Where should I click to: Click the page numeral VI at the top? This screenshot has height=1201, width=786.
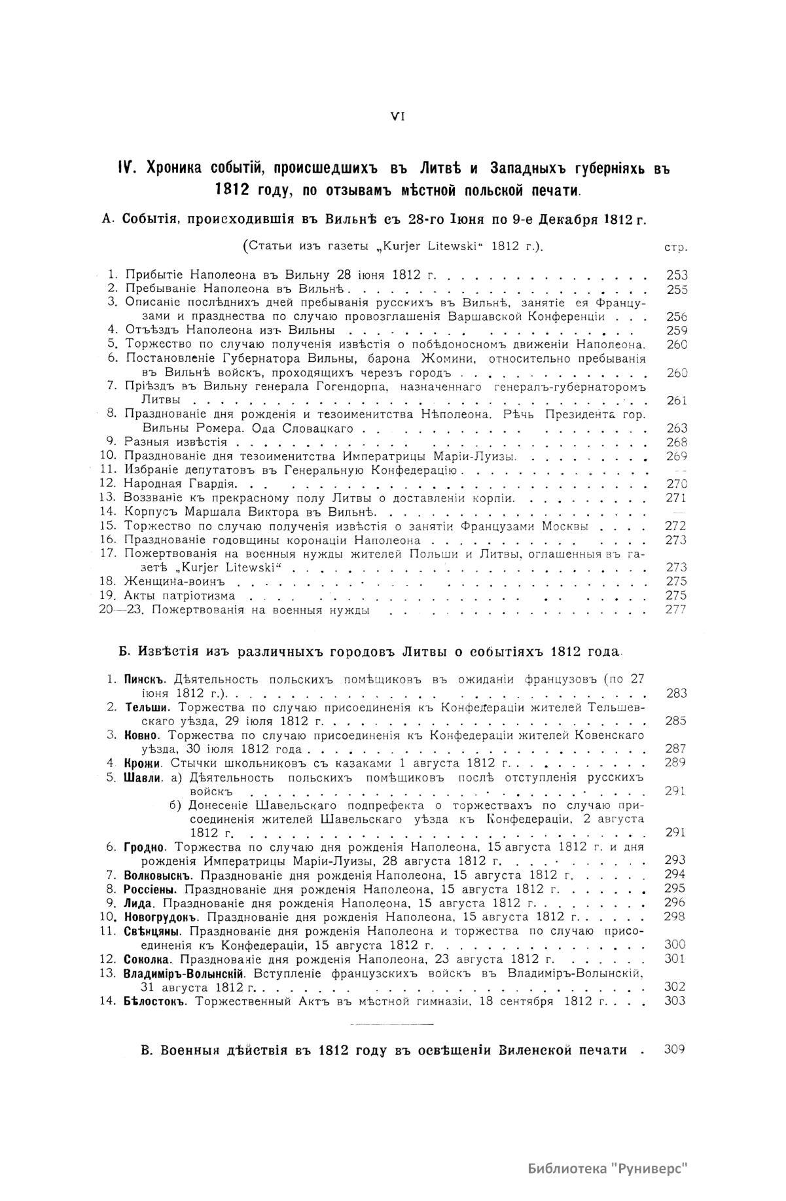pos(398,116)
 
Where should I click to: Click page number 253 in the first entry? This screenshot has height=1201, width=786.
pos(676,276)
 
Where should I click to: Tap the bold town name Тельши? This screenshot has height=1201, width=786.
pos(148,708)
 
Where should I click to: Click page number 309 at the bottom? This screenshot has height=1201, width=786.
pos(674,1049)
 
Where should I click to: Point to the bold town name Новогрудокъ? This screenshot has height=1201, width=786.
pos(160,916)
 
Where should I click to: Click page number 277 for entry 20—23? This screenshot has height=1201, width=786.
pos(676,610)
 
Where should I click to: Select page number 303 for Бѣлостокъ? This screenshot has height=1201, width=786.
pos(675,1001)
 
